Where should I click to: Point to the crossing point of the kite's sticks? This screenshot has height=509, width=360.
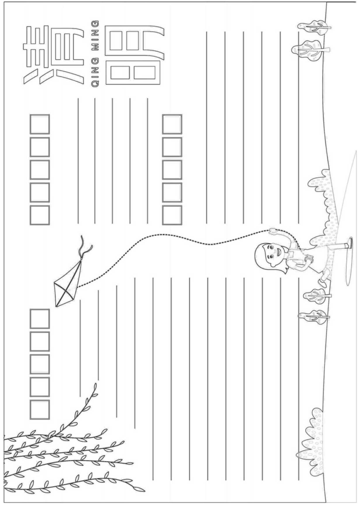65,290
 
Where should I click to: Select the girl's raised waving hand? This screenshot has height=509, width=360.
272,231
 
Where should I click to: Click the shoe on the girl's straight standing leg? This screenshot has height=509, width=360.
350,243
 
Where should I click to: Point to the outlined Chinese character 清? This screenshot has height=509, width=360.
53,56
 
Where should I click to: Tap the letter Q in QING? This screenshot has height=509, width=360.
95,84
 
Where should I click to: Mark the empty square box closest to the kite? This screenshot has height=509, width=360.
40,318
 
